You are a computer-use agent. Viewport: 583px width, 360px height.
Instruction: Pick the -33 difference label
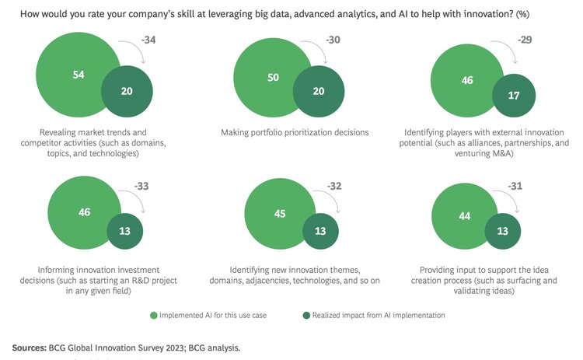pos(142,187)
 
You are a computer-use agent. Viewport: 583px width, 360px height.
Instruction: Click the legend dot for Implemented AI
pos(154,315)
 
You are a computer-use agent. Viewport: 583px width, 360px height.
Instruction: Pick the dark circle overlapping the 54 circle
pos(127,90)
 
